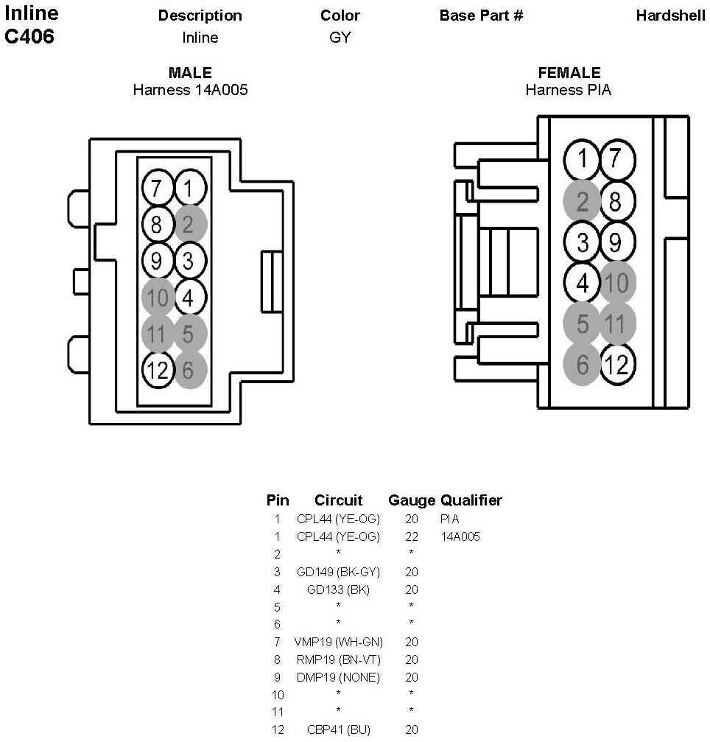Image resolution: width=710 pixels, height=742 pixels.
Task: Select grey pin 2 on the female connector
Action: pos(582,201)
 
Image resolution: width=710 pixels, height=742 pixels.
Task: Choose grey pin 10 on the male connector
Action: pos(157,298)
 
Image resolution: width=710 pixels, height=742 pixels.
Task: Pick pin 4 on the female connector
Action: pos(582,282)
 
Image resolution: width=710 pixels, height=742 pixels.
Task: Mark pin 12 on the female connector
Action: pos(616,364)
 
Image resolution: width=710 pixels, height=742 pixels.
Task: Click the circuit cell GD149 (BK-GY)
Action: pos(338,572)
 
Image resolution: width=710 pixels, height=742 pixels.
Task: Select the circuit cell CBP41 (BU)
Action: pos(338,730)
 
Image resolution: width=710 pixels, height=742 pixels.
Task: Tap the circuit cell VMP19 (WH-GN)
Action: pos(338,643)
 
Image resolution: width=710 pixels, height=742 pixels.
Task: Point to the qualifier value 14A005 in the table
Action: pos(460,537)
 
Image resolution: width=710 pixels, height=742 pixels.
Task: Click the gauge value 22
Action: pos(411,537)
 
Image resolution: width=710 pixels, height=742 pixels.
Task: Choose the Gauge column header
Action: pos(412,500)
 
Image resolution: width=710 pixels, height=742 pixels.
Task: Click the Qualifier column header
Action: pos(471,500)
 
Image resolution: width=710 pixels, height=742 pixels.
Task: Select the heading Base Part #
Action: pos(481,15)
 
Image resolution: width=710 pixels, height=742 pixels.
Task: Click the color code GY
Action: pos(340,37)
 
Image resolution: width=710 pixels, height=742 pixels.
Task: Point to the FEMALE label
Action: pos(569,73)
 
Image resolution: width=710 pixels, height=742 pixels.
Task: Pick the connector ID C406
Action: pos(29,37)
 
